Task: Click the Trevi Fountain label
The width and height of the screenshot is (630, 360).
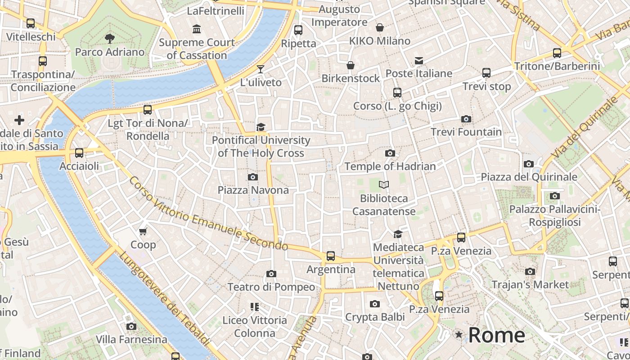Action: click(466, 132)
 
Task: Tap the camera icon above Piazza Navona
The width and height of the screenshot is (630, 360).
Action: click(253, 177)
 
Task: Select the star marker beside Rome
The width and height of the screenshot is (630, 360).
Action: click(459, 334)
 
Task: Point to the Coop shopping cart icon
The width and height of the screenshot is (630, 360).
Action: click(143, 231)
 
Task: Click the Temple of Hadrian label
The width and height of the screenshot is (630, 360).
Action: click(390, 166)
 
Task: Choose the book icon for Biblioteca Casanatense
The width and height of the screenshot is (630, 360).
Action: click(384, 184)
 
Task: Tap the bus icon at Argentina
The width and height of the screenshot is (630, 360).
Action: click(331, 256)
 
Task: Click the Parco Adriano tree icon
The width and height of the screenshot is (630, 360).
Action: click(109, 39)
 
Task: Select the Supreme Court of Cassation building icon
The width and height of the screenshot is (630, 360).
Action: click(197, 29)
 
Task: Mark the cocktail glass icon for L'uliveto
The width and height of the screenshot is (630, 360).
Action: click(261, 69)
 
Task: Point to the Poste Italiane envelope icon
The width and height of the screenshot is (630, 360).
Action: click(419, 60)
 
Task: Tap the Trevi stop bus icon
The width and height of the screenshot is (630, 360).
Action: click(486, 72)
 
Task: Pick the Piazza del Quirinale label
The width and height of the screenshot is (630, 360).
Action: click(529, 177)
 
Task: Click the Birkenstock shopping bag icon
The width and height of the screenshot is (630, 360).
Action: click(351, 65)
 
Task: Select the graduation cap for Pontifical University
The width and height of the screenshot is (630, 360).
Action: click(261, 127)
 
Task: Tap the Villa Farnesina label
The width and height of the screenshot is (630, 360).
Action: click(131, 339)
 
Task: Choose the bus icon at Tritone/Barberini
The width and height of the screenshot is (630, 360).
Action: click(557, 53)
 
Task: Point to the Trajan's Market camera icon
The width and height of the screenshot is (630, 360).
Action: click(530, 271)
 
